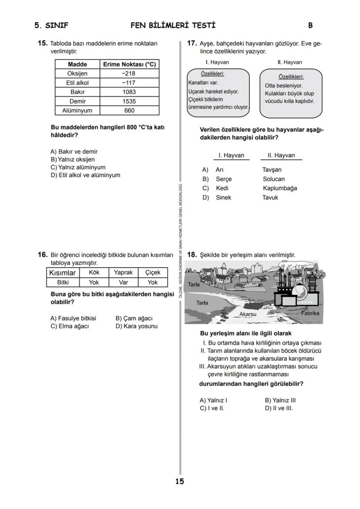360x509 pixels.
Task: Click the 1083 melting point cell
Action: click(129, 92)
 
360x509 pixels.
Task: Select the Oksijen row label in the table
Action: click(77, 73)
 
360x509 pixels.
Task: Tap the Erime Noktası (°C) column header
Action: click(129, 64)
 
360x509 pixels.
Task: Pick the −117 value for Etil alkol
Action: click(129, 83)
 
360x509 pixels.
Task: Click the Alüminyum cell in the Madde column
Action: click(77, 110)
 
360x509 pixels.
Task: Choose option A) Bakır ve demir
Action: click(74, 152)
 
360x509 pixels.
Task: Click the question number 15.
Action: click(42, 43)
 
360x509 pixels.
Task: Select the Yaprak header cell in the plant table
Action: click(123, 273)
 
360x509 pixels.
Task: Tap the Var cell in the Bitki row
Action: click(123, 282)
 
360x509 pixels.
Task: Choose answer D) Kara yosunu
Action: click(137, 326)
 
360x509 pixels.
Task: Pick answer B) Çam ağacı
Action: click(134, 319)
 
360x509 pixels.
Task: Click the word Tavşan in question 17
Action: click(272, 170)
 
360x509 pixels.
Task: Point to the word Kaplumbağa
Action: click(280, 188)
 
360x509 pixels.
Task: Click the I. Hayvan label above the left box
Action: click(217, 62)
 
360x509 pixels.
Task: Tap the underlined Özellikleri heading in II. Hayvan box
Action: click(291, 77)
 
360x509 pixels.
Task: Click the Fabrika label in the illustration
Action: click(310, 313)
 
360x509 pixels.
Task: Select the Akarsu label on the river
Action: click(248, 314)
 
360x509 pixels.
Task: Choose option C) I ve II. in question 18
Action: click(212, 408)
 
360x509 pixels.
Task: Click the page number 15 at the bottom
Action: click(180, 481)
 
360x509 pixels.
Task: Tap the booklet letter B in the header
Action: click(310, 26)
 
